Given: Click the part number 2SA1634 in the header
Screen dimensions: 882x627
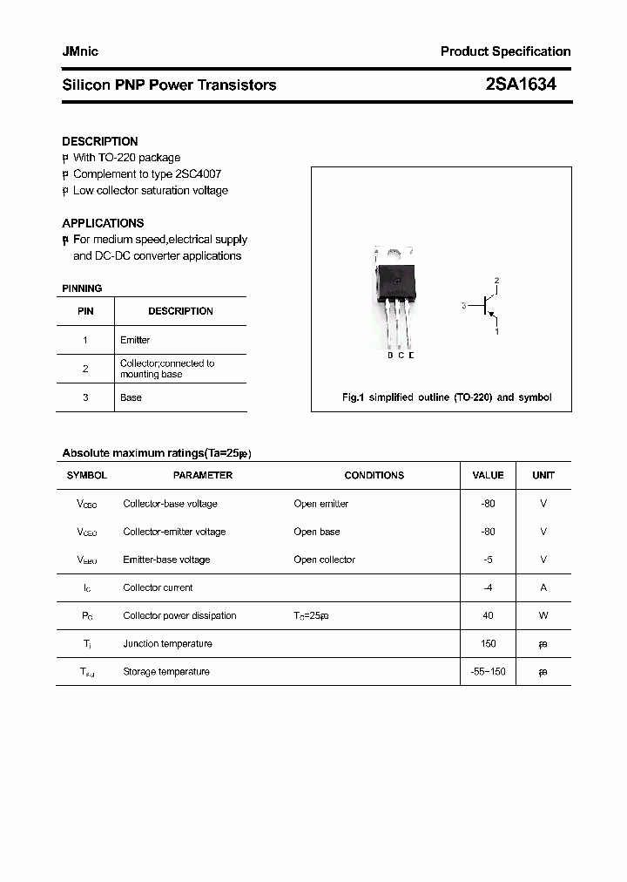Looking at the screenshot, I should pyautogui.click(x=521, y=85).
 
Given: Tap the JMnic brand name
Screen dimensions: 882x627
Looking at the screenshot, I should pyautogui.click(x=80, y=51).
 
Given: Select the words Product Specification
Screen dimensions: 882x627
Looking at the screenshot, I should pyautogui.click(x=505, y=51).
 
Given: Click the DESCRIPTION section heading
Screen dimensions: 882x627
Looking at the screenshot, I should pyautogui.click(x=100, y=141).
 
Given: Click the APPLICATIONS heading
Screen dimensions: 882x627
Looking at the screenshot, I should pyautogui.click(x=103, y=223).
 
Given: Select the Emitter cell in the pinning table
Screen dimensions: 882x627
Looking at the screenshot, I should pyautogui.click(x=135, y=340).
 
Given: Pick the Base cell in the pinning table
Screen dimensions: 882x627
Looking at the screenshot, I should pyautogui.click(x=131, y=397).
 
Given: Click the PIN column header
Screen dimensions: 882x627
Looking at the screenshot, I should pyautogui.click(x=85, y=311).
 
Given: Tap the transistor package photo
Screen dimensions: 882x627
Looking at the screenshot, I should pyautogui.click(x=394, y=296).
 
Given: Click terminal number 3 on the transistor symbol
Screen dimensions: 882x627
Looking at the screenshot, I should pyautogui.click(x=465, y=306).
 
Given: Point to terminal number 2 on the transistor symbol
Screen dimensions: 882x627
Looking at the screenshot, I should pyautogui.click(x=496, y=281).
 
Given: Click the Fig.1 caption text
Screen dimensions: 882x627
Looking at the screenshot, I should pyautogui.click(x=447, y=397).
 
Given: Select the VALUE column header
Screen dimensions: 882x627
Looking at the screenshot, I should pyautogui.click(x=488, y=475).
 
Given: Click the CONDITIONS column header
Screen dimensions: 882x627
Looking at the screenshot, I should pyautogui.click(x=374, y=475).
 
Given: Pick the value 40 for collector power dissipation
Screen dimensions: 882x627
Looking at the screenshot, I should pyautogui.click(x=488, y=615).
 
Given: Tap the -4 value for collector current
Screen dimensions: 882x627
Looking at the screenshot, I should pyautogui.click(x=488, y=587).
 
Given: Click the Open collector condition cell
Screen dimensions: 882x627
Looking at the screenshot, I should pyautogui.click(x=324, y=560).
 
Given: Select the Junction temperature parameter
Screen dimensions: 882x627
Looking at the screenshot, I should pyautogui.click(x=167, y=643).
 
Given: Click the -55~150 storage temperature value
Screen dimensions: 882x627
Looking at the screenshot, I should pyautogui.click(x=488, y=672).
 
